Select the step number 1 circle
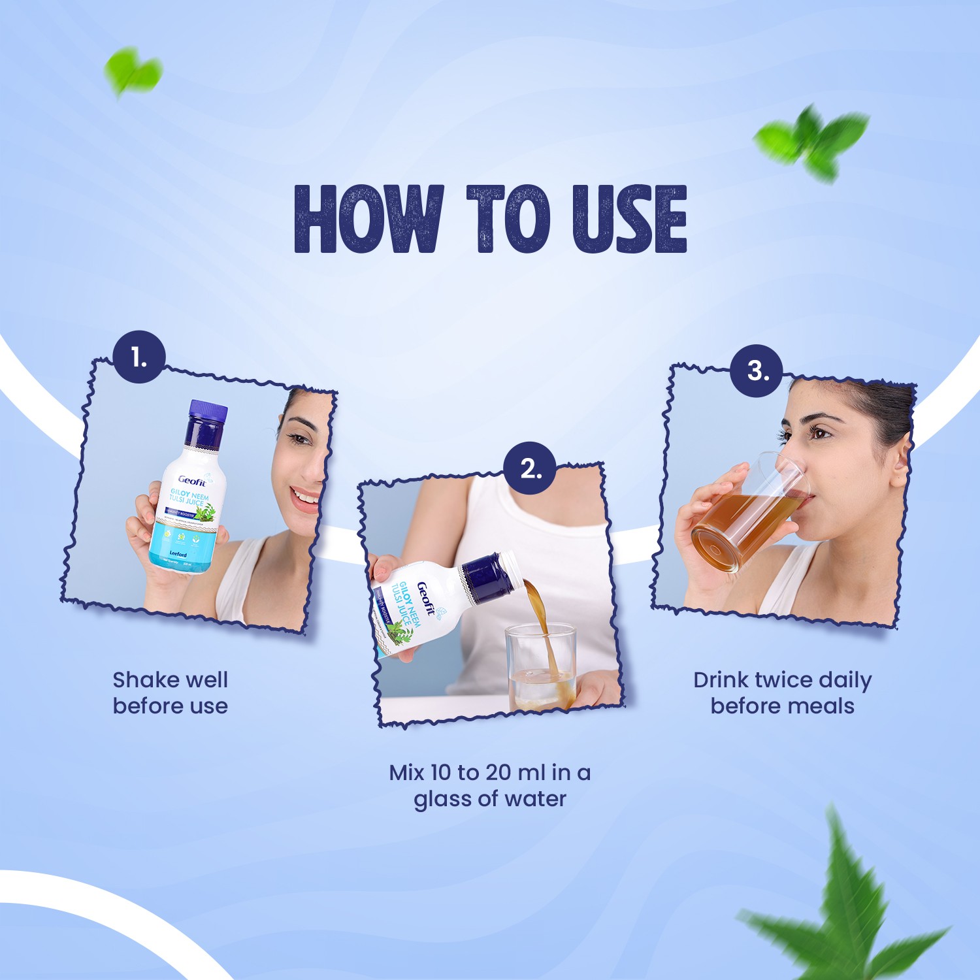pos(139,357)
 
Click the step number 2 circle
pos(529,468)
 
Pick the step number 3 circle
pos(757,370)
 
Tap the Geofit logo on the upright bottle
pos(193,482)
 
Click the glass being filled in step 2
pos(541,666)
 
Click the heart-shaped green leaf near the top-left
pos(133,71)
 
